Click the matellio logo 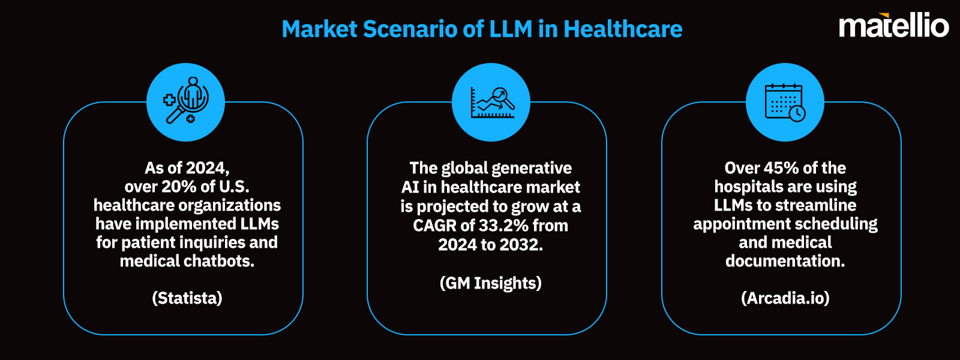pos(893,25)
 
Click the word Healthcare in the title pos(623,29)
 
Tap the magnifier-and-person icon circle pos(185,102)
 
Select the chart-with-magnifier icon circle pos(491,102)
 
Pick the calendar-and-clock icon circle pos(785,102)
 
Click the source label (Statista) pos(187,298)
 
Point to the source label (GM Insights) pos(491,283)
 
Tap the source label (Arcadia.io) pos(785,298)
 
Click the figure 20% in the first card pos(179,187)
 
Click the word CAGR pos(435,226)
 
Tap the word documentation pos(785,261)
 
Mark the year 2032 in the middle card pos(522,245)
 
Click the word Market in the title pos(319,29)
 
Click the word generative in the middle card pos(536,168)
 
